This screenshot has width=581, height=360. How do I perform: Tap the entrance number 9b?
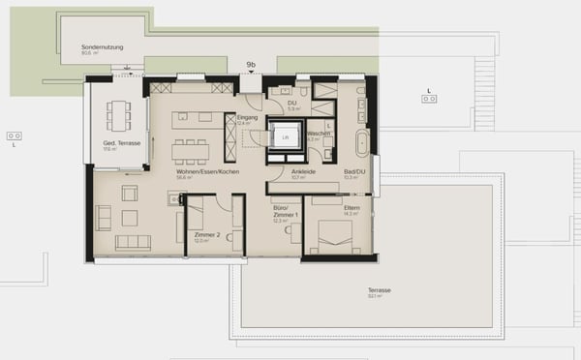tap(251, 65)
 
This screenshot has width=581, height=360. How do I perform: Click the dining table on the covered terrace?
tap(121, 115)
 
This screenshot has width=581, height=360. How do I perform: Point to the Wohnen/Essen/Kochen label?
tap(207, 171)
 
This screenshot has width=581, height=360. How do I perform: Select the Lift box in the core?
tap(285, 137)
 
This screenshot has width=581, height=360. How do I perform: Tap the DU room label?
tap(291, 104)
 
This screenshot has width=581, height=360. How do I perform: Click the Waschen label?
tap(319, 134)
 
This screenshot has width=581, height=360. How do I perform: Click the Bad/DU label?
tap(355, 171)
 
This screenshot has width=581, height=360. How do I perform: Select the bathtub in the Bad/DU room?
tap(361, 143)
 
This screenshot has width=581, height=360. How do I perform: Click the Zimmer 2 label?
tap(207, 235)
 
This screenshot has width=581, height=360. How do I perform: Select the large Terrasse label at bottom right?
tap(379, 289)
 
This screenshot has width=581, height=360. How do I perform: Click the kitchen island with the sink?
tap(192, 119)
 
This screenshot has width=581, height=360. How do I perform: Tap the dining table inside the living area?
tap(190, 150)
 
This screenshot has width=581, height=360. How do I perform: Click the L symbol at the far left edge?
tap(15, 143)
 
